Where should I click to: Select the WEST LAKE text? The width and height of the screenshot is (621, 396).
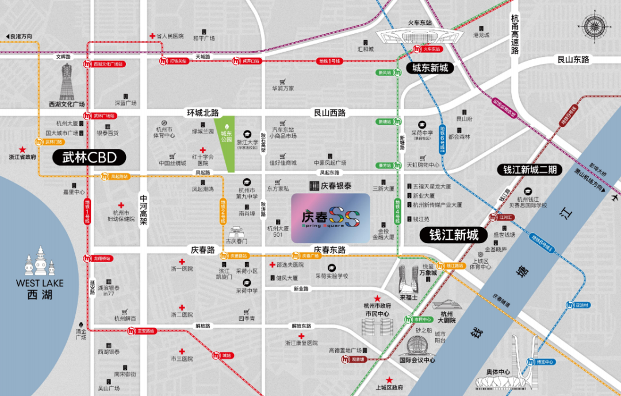pos(40,283)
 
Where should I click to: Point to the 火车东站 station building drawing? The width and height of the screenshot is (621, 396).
pos(419,36)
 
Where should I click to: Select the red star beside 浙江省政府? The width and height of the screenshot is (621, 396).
pos(22,148)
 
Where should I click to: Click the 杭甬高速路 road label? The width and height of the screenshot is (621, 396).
pos(515,34)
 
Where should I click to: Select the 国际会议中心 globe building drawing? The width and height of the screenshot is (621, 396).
pos(417,345)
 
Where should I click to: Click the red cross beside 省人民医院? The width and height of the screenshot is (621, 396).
pos(152,36)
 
